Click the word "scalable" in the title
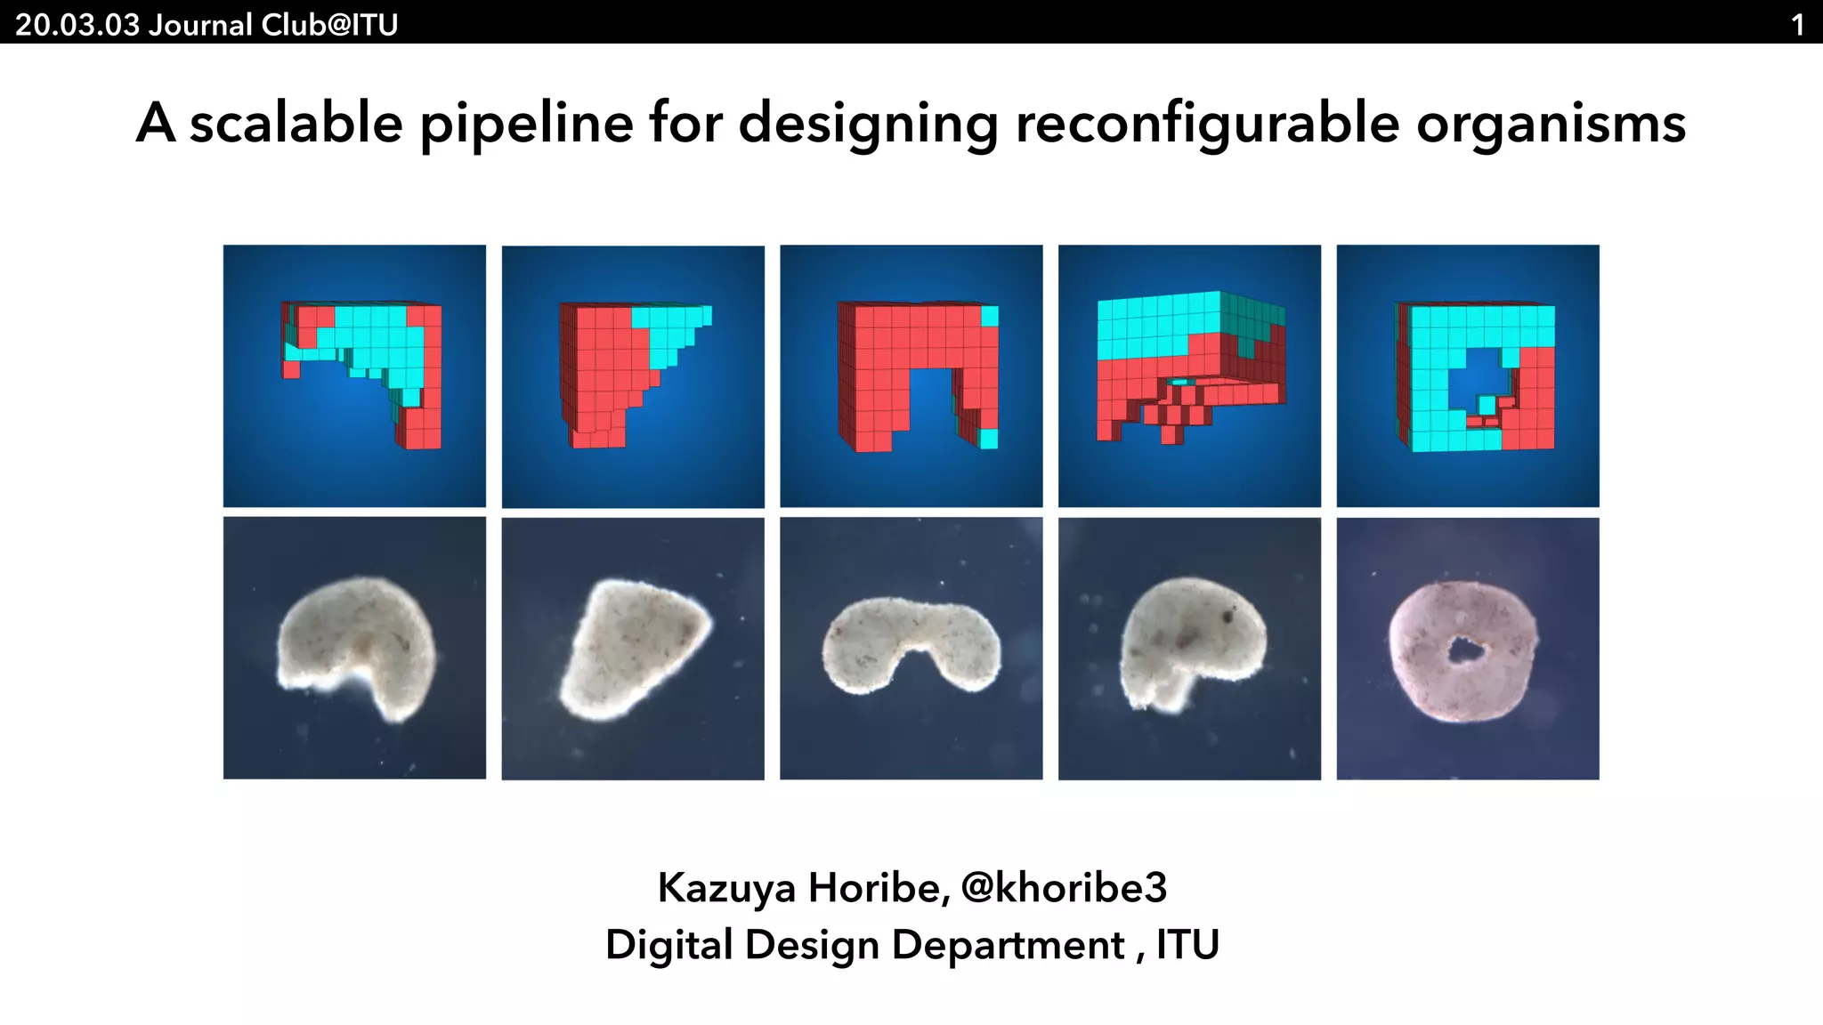coord(296,123)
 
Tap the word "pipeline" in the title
coord(526,123)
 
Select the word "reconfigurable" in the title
coord(1207,123)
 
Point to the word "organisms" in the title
coord(1551,123)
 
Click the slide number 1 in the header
coord(1797,24)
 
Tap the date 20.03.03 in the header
coord(77,24)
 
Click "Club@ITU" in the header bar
coord(328,24)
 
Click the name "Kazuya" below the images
coord(726,887)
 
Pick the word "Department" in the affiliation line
coord(1009,944)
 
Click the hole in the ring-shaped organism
coord(1462,650)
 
